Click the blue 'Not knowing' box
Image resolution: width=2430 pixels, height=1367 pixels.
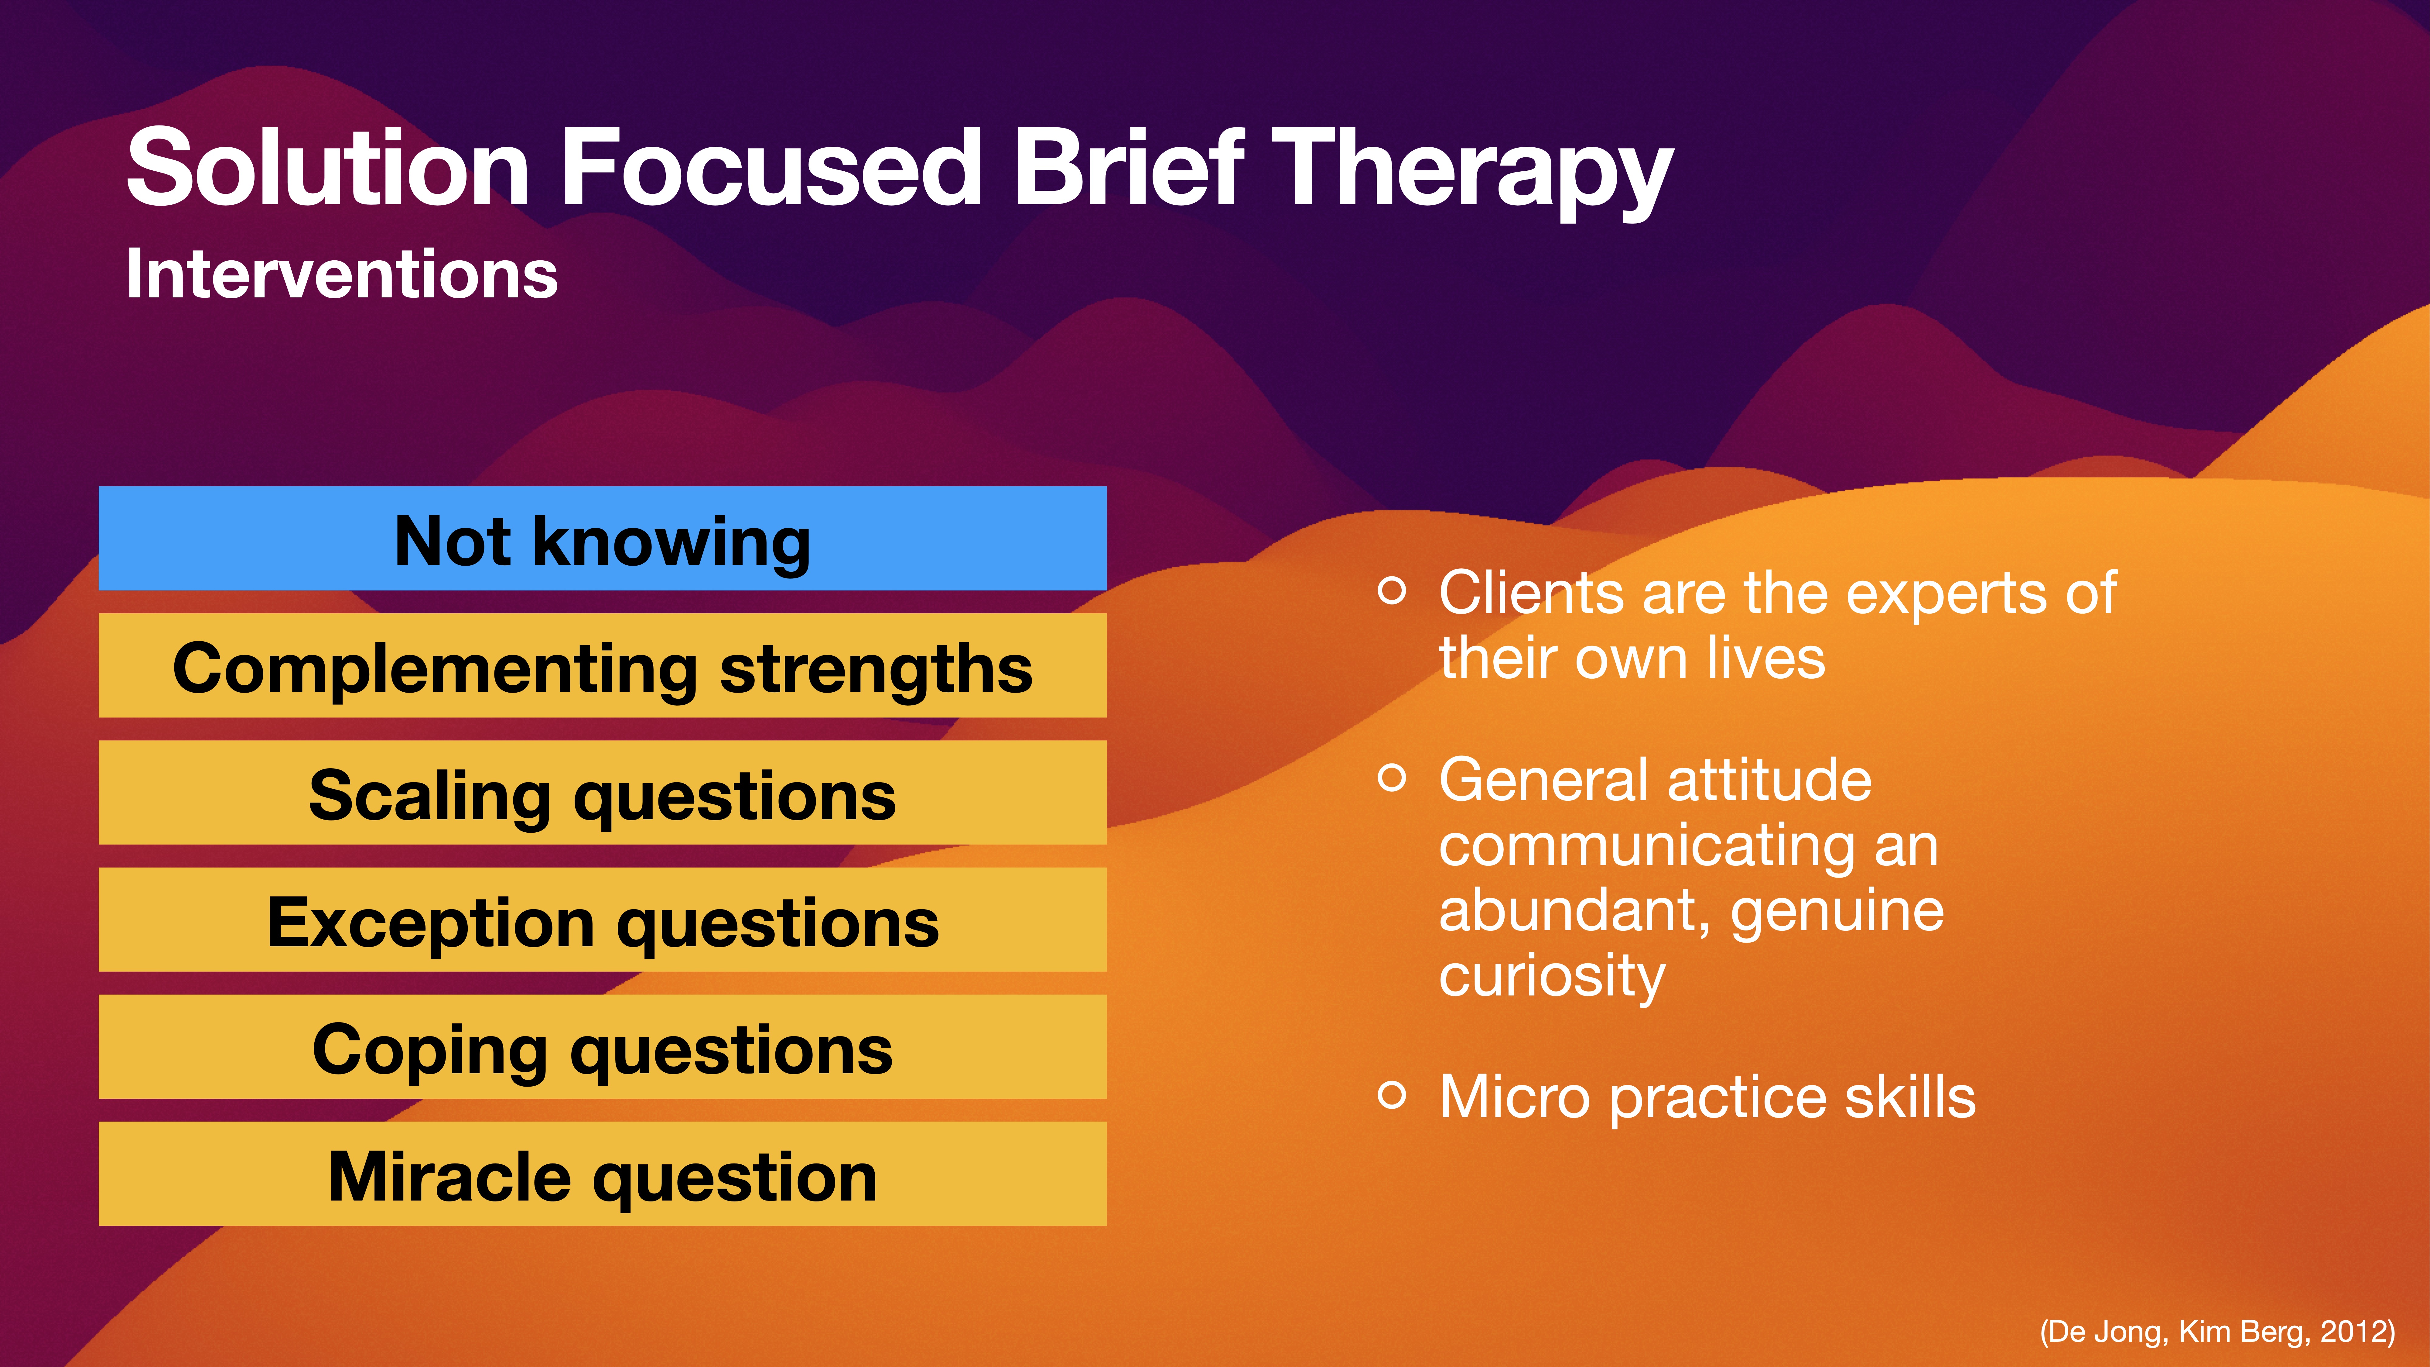tap(602, 539)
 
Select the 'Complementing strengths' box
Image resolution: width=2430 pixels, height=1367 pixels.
tap(602, 666)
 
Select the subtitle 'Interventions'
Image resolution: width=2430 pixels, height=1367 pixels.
tap(341, 274)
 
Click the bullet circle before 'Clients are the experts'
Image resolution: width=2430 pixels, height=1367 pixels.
tap(1391, 591)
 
